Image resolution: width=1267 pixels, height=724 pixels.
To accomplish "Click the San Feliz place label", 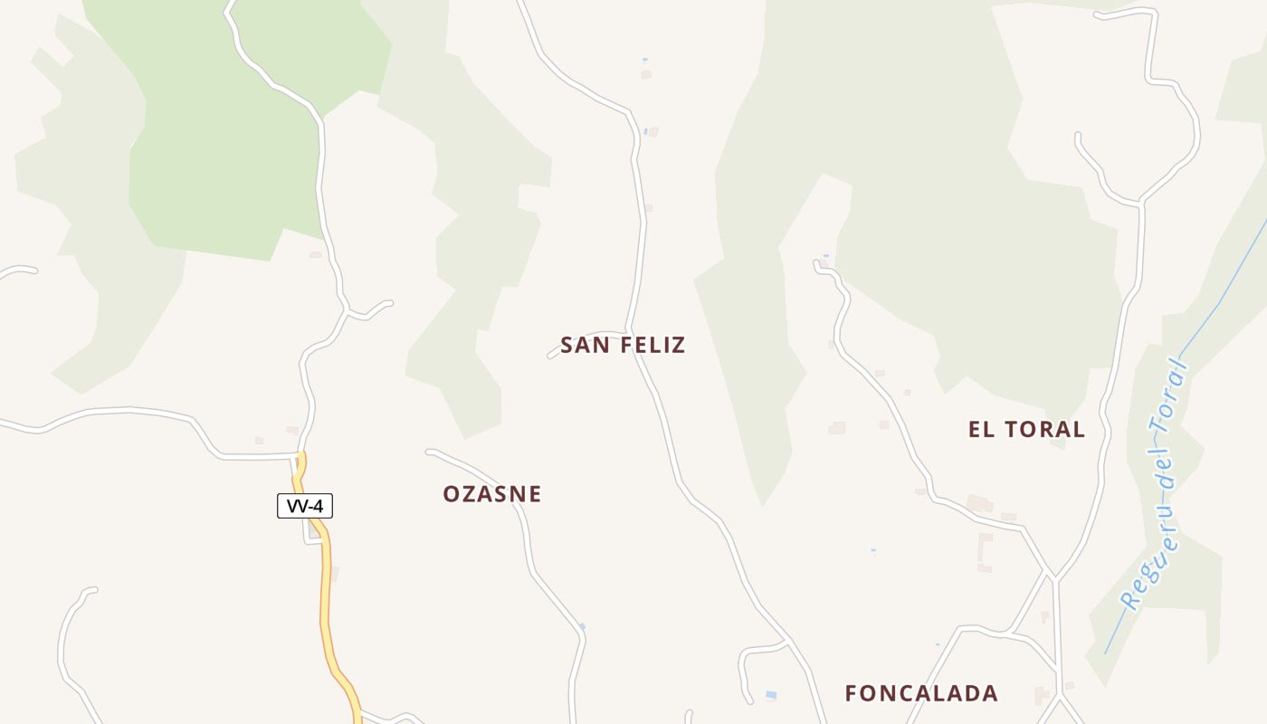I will point(623,345).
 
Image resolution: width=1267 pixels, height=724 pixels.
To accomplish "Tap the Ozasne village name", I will point(491,494).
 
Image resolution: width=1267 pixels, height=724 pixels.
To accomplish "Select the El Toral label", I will point(1026,429).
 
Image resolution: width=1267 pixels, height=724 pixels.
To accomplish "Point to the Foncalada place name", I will point(921,693).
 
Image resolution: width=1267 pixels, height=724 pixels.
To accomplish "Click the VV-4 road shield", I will point(305,506).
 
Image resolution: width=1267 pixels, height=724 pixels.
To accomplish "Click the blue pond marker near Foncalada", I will point(771,695).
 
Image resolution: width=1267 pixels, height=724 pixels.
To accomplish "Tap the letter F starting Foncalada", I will point(852,693).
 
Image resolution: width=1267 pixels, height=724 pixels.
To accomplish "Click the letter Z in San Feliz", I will point(678,345).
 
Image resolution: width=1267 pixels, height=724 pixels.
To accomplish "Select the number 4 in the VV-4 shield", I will point(318,506).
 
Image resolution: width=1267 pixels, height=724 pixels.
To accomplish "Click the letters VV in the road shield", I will point(295,506).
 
